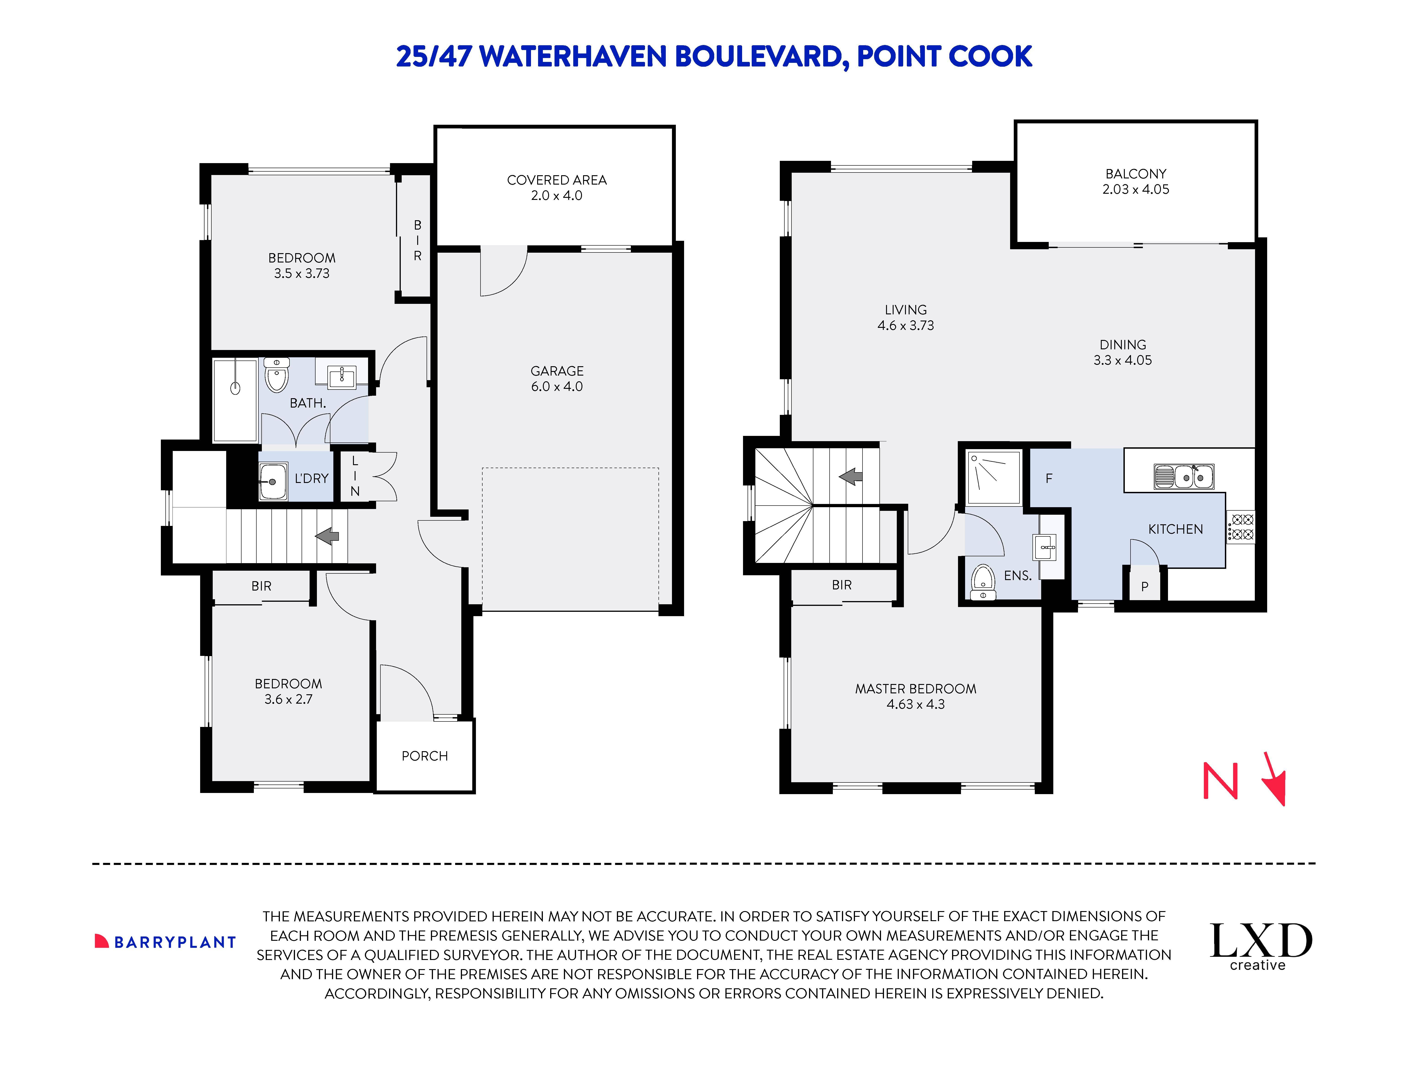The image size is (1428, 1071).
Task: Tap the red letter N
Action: coord(1220,781)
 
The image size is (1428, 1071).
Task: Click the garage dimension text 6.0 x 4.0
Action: coord(557,387)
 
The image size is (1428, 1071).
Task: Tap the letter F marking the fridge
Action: coord(1049,478)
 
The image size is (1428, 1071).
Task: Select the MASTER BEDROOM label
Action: coord(916,689)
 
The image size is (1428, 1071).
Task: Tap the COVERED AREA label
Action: coord(557,180)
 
